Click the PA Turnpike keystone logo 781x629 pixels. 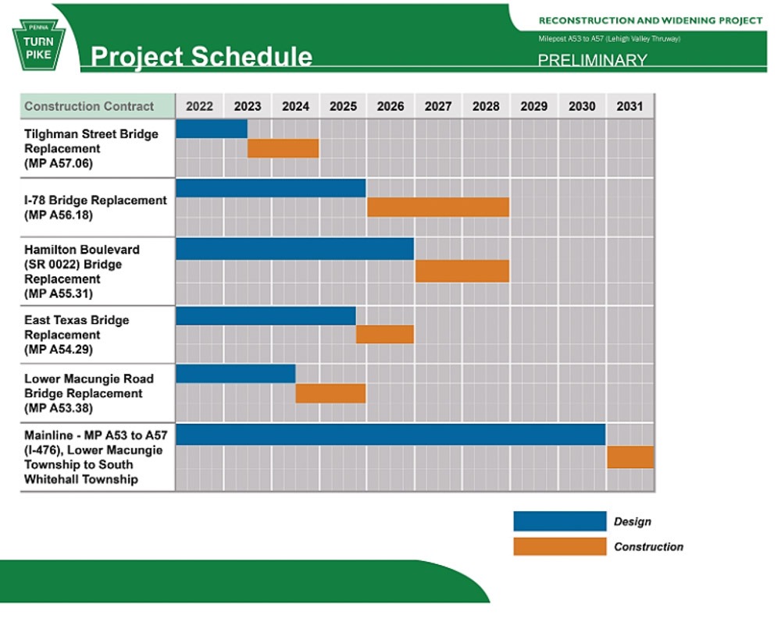click(x=39, y=44)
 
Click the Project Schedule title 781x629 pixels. click(x=201, y=56)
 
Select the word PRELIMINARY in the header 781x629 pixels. click(x=592, y=60)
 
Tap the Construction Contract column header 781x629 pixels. click(x=89, y=106)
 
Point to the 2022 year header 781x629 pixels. click(x=199, y=106)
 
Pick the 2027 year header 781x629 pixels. click(x=438, y=106)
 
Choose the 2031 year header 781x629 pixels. click(x=629, y=106)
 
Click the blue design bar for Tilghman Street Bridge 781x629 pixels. click(x=212, y=129)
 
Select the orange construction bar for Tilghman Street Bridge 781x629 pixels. click(x=283, y=148)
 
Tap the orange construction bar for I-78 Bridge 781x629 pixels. click(x=438, y=207)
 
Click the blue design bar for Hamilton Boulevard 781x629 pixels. click(x=295, y=249)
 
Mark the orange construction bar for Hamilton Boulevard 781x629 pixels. click(x=462, y=272)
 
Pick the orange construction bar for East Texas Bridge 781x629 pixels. click(x=385, y=335)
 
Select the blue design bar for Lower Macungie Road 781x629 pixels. click(x=236, y=374)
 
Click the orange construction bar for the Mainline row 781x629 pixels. click(x=630, y=457)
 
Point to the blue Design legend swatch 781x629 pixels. click(x=560, y=521)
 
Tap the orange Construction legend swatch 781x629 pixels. click(x=560, y=546)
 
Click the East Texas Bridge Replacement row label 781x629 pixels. click(x=77, y=335)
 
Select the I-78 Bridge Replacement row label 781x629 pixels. click(x=95, y=208)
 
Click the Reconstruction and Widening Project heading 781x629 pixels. click(x=651, y=20)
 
